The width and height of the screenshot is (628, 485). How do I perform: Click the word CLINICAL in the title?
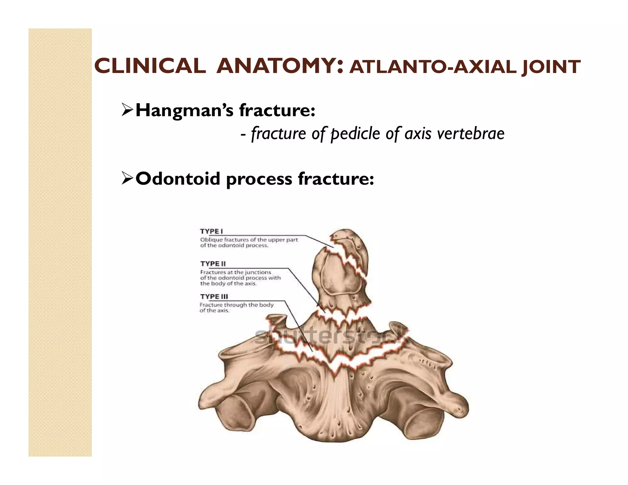(x=150, y=66)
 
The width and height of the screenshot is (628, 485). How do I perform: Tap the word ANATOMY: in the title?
(x=279, y=66)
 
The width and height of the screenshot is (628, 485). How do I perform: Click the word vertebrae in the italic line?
(x=470, y=134)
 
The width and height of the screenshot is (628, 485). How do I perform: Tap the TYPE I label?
(x=211, y=231)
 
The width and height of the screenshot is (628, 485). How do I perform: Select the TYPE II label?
(x=213, y=264)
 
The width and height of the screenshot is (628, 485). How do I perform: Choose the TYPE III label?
(x=214, y=296)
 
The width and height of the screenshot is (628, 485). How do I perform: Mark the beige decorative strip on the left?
(x=60, y=242)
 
